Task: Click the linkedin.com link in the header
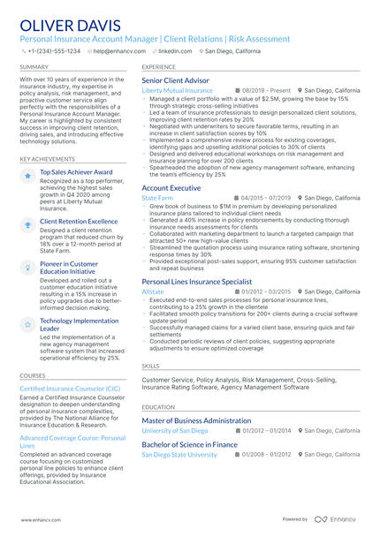174,51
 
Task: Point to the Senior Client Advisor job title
176,80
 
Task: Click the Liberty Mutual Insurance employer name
177,90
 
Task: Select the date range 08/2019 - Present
265,90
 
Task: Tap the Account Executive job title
171,188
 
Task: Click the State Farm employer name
157,198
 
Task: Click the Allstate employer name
153,291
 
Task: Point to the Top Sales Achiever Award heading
76,172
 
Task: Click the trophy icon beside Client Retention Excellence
28,225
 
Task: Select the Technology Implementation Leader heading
79,324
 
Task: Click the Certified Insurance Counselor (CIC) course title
70,388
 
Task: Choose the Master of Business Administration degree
196,420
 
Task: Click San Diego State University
179,454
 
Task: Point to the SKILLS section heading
151,365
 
